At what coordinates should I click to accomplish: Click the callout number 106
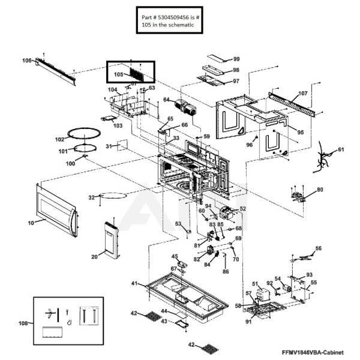pos(26,61)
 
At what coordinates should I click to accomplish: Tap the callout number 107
pos(302,94)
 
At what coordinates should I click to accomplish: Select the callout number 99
pos(236,59)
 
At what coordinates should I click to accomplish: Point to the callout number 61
pos(341,149)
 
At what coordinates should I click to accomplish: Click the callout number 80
pos(320,190)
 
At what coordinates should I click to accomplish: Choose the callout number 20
pos(94,257)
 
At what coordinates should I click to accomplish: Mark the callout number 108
pos(23,323)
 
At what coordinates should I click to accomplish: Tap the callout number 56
pos(319,248)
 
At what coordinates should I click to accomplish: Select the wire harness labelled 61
pos(326,160)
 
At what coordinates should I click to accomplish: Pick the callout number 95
pos(299,131)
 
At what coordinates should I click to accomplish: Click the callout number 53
pos(178,223)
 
